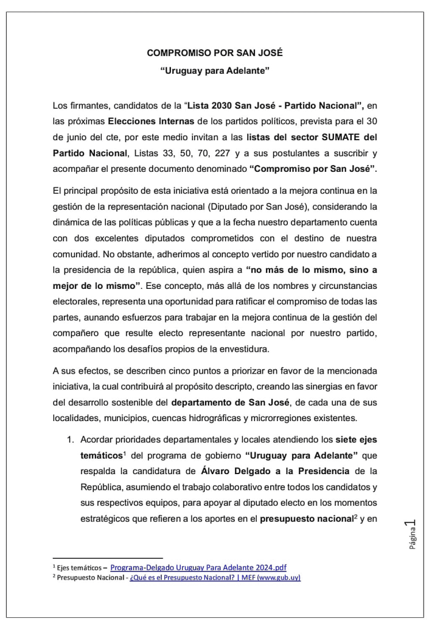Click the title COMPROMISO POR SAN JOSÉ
tap(214, 54)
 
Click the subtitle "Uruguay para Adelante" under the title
tap(214, 71)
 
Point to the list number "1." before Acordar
tap(71, 439)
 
